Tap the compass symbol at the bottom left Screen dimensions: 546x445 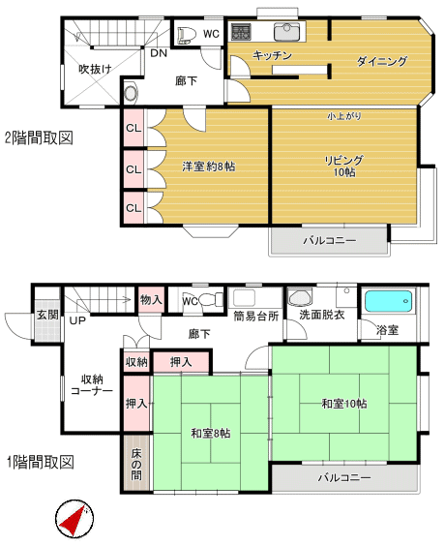tap(73, 520)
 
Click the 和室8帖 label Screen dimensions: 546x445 tap(210, 432)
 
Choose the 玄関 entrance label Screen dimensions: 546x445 tap(47, 315)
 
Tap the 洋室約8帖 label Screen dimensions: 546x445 tap(209, 167)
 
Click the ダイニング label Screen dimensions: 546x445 tap(381, 61)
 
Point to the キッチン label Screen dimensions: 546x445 tap(273, 56)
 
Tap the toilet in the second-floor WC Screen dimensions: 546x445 tap(188, 34)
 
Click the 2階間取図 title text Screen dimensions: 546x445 tap(39, 137)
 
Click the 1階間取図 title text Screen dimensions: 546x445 tap(39, 463)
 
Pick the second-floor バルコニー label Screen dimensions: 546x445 tap(329, 239)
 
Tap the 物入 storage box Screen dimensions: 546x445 tap(150, 300)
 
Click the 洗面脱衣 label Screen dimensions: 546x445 tap(321, 316)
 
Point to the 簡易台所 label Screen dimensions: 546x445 tap(256, 316)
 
